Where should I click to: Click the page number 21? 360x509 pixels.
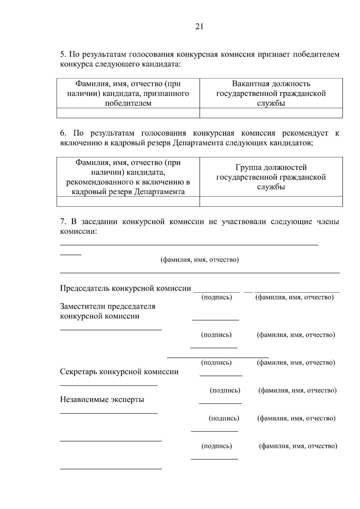(199, 27)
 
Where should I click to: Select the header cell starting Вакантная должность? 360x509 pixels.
(271, 93)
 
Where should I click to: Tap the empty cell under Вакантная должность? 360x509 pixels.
(271, 113)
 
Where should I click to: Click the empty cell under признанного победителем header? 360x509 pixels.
(128, 113)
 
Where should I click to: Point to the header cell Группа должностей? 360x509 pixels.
(271, 177)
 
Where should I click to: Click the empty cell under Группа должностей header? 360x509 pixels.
(271, 201)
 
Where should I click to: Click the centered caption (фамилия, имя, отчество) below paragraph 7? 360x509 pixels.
(199, 259)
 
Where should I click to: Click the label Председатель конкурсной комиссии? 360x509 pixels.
(125, 288)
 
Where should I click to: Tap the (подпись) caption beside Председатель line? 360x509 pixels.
(217, 297)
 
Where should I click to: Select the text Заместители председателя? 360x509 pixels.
(108, 306)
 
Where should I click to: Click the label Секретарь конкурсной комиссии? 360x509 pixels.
(119, 372)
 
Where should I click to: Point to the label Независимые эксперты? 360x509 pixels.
(102, 400)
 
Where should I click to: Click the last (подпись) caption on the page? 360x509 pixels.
(217, 446)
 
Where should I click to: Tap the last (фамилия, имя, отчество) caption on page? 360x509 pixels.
(298, 446)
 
